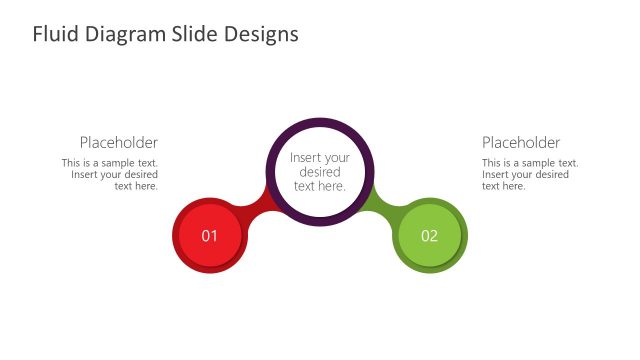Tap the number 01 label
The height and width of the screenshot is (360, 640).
coord(209,237)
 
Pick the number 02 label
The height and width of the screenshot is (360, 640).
coord(430,237)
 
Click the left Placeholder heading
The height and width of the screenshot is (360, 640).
coord(118,143)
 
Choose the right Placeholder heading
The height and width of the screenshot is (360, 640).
coord(521,143)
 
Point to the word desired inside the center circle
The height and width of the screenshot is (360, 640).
coord(320,172)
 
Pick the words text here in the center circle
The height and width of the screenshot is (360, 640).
coord(320,186)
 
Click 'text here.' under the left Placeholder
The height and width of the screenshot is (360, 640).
coord(136,186)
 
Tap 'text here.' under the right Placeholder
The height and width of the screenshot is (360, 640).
coord(504,186)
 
